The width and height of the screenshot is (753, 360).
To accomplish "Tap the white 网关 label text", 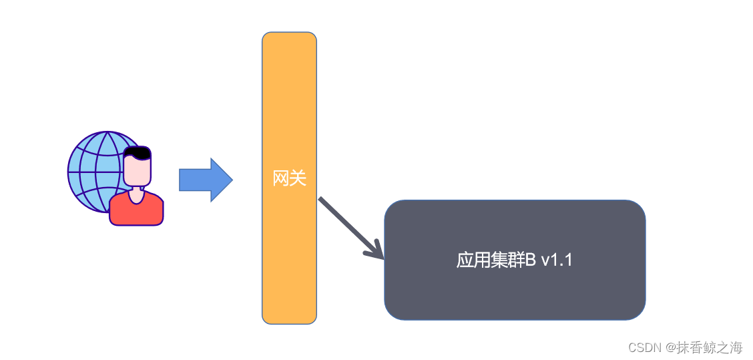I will [x=290, y=178].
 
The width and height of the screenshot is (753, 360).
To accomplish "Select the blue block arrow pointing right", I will [x=204, y=180].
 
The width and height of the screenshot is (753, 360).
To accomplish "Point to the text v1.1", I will [x=557, y=260].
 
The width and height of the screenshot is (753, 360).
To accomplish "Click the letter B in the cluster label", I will [x=530, y=260].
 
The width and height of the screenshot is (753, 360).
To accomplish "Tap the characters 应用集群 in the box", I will [x=490, y=260].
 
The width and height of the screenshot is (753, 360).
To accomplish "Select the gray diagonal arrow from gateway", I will [x=347, y=225].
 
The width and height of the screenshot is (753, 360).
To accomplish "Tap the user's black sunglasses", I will [x=138, y=153].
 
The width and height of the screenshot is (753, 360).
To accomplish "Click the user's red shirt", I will [x=136, y=211].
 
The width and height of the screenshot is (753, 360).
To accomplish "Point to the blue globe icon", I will [x=93, y=170].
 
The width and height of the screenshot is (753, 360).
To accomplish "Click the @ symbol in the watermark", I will [x=670, y=348].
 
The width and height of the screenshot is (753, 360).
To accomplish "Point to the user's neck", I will [x=137, y=194].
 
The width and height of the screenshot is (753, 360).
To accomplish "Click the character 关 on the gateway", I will [x=298, y=178].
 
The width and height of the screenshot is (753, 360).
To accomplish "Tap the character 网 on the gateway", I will [x=281, y=178].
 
